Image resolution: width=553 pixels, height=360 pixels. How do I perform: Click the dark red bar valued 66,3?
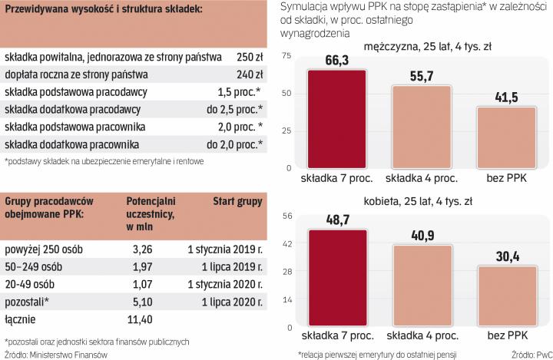(x=336, y=119)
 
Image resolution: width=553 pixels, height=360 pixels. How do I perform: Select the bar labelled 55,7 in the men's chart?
(x=422, y=127)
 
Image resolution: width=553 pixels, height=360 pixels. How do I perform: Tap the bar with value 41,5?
(x=507, y=138)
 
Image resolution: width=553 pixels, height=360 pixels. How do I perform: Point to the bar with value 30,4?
(x=507, y=295)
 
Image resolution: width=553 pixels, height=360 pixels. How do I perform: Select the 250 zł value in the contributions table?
(x=250, y=57)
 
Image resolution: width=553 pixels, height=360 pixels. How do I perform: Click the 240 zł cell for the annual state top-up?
(x=250, y=74)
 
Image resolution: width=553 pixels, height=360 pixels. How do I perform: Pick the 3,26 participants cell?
(x=145, y=249)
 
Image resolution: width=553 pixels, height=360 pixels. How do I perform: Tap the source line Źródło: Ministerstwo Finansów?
(x=55, y=354)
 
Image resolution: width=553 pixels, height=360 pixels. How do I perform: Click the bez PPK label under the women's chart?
(x=507, y=335)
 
